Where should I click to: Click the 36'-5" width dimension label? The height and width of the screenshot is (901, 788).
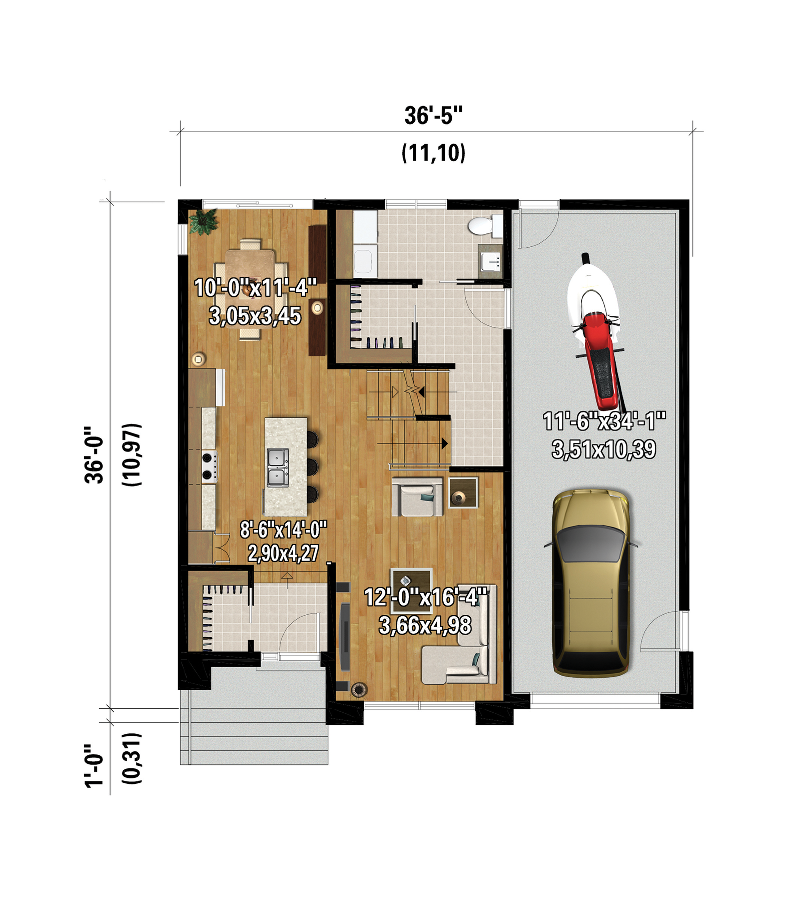(433, 116)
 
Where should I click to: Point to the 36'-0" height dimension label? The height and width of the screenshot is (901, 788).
(94, 455)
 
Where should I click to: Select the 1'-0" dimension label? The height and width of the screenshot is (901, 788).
(94, 766)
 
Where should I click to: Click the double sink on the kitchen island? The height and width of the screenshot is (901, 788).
(278, 467)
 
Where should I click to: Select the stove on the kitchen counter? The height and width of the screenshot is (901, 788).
(210, 466)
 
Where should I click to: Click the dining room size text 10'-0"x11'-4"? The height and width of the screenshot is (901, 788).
(255, 288)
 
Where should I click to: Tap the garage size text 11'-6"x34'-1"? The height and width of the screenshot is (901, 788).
(604, 421)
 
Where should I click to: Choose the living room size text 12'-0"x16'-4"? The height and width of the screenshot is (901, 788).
(425, 597)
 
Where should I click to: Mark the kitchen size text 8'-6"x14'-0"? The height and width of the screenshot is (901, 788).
(283, 529)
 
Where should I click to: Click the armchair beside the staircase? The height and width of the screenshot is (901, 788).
(417, 497)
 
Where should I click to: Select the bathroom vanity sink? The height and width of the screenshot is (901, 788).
(490, 258)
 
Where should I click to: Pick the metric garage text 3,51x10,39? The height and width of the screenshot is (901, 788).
(604, 449)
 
